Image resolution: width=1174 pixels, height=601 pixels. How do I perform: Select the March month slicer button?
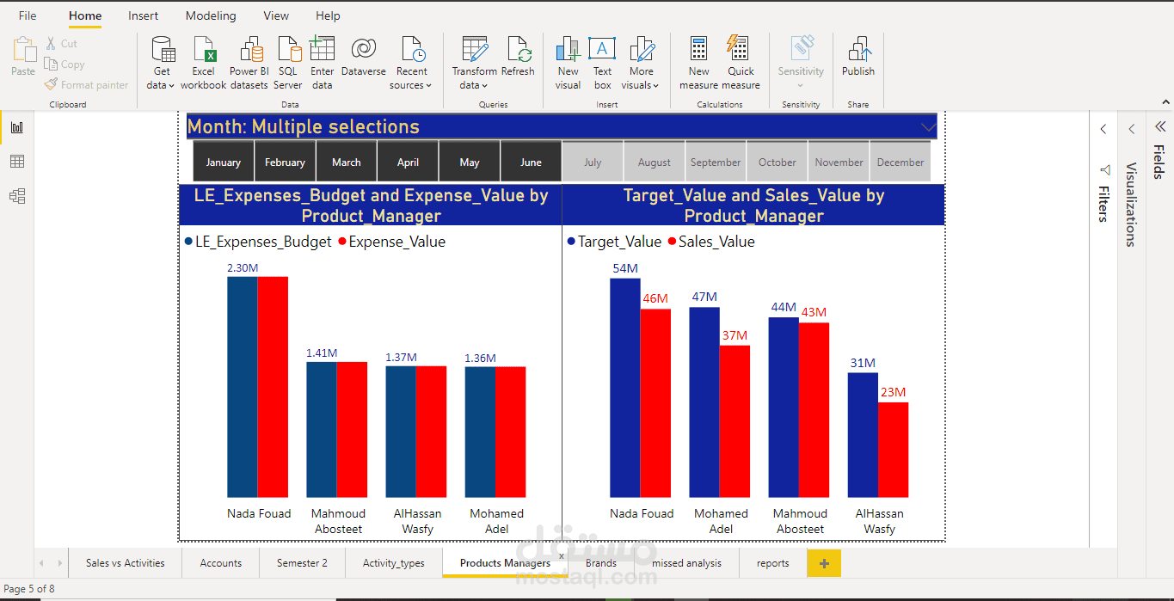tap(347, 162)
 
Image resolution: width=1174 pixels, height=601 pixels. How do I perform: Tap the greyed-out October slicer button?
tap(777, 162)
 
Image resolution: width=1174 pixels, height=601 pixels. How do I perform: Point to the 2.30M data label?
tap(243, 268)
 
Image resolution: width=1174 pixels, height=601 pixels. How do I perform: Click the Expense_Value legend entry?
tap(392, 242)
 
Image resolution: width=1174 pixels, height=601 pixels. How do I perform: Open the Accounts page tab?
tap(221, 563)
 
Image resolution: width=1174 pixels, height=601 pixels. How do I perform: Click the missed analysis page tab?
tap(686, 563)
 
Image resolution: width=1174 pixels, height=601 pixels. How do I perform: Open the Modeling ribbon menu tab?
tap(211, 15)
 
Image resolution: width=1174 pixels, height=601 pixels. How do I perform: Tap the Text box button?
tap(602, 62)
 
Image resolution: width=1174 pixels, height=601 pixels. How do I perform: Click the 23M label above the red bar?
tap(893, 392)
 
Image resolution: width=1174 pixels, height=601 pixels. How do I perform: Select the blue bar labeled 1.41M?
tap(322, 429)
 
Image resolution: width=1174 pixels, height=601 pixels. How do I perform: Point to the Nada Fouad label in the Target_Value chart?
tap(642, 513)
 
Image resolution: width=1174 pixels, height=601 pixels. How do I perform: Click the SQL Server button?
tap(288, 62)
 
